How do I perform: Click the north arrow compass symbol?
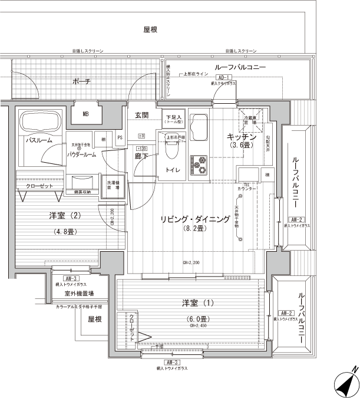[x=348, y=381]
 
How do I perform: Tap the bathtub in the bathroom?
[x=39, y=124]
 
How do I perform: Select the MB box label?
[x=86, y=114]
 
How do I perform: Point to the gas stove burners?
[x=199, y=165]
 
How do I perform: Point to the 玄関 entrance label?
[x=141, y=114]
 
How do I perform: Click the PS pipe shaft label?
[x=120, y=139]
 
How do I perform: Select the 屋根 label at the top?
[x=150, y=29]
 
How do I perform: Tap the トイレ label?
[x=173, y=169]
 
